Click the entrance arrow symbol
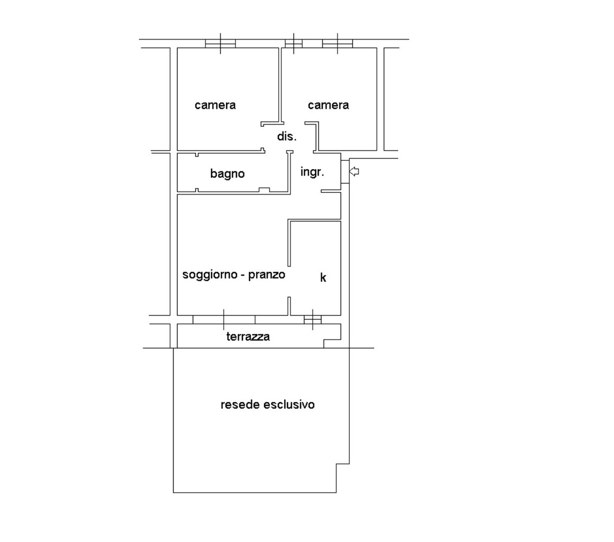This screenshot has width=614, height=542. pos(354,171)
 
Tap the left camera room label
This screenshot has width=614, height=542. pos(215,105)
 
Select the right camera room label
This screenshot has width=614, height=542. pos(328,105)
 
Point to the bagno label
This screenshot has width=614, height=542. pos(227,173)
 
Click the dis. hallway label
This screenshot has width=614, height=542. pos(286,136)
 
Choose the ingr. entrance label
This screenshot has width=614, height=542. pos(312,172)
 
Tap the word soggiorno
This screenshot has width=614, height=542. pos(210,275)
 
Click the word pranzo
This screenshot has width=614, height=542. pos(267,275)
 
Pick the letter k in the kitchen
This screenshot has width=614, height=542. pos(323,278)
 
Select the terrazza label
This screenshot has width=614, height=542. pos(248,337)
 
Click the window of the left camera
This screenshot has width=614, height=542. pos(220,43)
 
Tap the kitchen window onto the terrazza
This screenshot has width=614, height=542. pos(312,319)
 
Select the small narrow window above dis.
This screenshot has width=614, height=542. pos(293,43)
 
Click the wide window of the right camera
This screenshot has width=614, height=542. pos(337,43)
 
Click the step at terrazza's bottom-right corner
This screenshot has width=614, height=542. pos(332,343)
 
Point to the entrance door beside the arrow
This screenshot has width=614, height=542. pos(345,171)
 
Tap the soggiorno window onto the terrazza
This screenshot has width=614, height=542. pos(224,319)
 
